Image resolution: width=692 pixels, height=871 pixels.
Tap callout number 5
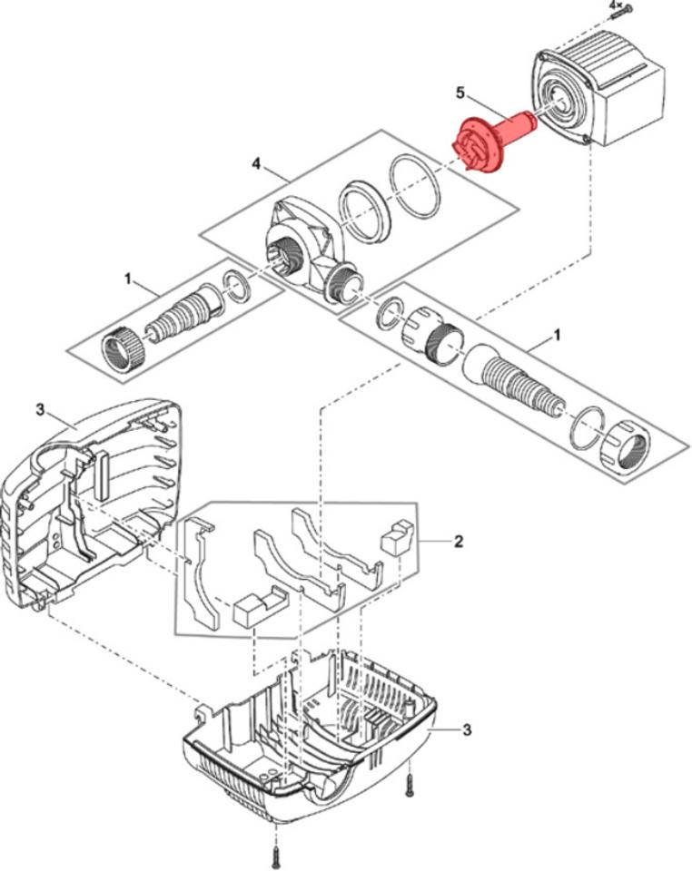(x=460, y=93)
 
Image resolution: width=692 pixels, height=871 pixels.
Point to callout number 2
(x=459, y=542)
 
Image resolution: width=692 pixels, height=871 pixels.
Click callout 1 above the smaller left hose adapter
(x=129, y=277)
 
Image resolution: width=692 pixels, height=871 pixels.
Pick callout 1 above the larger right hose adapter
(x=557, y=335)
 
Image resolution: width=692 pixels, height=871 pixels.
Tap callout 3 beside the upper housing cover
(x=39, y=409)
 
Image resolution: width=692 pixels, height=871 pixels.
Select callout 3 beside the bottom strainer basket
(x=466, y=729)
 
